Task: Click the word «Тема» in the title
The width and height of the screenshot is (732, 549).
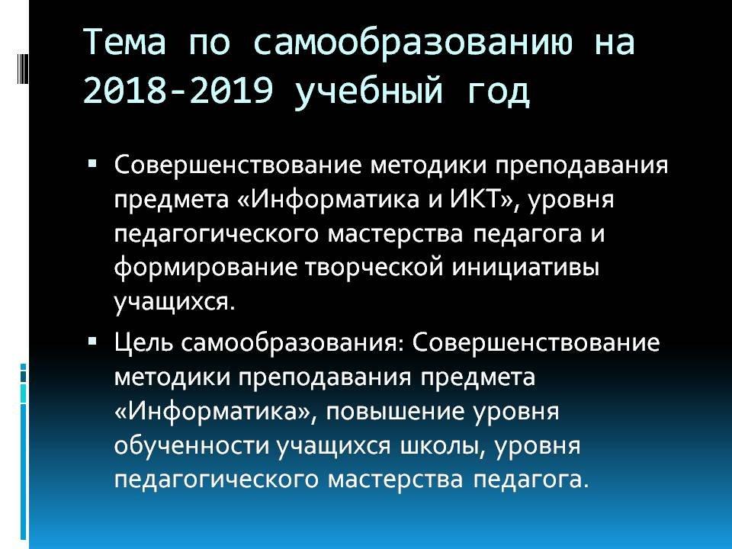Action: click(125, 41)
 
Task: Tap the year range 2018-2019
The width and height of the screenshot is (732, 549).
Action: click(178, 90)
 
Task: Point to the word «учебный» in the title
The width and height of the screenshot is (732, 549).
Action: click(368, 91)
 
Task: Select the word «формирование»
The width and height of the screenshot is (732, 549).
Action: click(206, 268)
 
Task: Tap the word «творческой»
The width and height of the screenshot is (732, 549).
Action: click(375, 268)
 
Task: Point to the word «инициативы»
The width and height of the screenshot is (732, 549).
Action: click(525, 268)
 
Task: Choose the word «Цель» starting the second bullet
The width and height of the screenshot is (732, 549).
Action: click(144, 342)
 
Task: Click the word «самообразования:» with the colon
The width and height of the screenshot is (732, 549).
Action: click(292, 343)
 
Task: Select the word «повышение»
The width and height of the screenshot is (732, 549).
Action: click(396, 411)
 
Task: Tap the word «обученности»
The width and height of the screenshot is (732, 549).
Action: click(191, 445)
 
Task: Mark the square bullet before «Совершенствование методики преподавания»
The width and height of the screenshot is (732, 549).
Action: click(92, 164)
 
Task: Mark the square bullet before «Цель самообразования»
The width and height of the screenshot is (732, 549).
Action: click(92, 342)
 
